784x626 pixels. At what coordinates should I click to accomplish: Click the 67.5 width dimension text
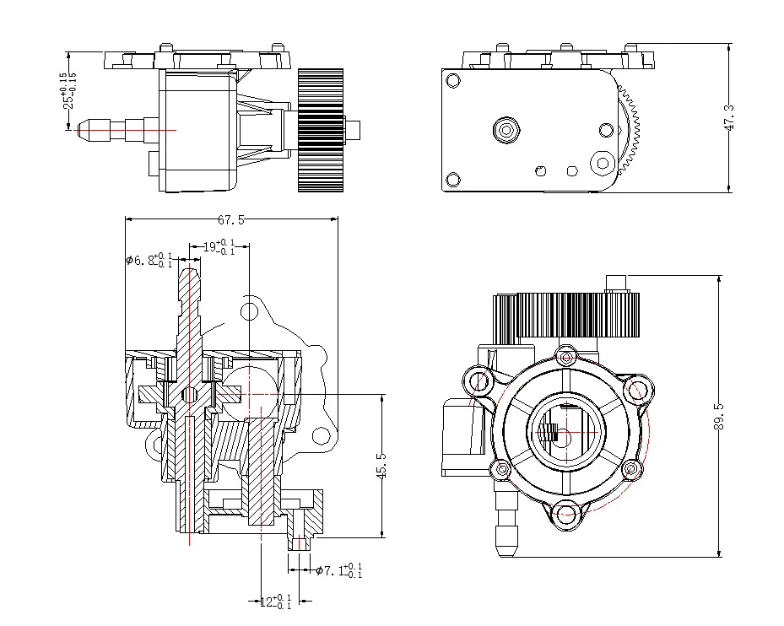231,220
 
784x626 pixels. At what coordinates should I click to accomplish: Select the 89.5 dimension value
719,416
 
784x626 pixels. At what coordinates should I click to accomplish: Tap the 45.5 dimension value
381,466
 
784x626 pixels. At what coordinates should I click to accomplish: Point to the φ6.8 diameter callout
149,260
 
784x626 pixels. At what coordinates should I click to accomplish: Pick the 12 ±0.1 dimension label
273,602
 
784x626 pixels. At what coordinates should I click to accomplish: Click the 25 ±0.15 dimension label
68,89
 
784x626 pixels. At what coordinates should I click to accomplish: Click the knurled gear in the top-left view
320,130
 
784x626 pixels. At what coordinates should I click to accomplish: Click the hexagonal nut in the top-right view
506,130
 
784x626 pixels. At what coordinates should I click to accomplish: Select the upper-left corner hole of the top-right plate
453,81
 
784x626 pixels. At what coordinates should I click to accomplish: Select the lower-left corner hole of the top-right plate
453,179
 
